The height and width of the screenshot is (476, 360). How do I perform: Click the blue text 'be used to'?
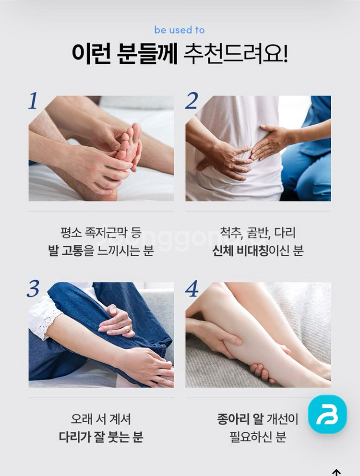click(180, 30)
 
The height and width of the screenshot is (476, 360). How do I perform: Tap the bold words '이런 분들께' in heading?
click(124, 54)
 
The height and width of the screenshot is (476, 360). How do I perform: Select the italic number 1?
click(33, 101)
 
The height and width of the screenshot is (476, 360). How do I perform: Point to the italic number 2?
click(192, 101)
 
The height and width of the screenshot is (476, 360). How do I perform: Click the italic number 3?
click(33, 288)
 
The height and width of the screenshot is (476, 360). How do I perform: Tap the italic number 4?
click(192, 288)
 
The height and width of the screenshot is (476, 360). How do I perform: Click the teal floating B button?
click(327, 414)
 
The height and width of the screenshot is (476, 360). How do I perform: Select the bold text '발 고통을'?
click(71, 250)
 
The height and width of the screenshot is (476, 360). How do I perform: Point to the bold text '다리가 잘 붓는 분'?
click(101, 437)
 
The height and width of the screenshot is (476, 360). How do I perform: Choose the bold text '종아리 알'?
click(240, 419)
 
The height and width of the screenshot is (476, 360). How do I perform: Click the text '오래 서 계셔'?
click(101, 419)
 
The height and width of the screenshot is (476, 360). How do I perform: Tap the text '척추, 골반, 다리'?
click(258, 233)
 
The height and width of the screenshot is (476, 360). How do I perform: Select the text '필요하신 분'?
click(258, 437)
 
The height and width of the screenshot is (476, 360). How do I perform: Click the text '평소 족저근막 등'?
click(101, 233)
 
